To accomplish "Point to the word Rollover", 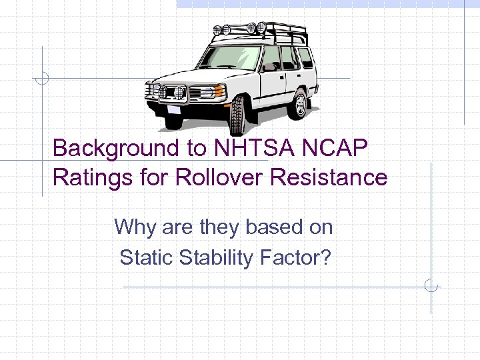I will [215, 178].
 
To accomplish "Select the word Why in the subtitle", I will [135, 227].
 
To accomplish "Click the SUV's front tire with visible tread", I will [237, 115].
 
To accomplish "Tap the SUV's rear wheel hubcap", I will [301, 104].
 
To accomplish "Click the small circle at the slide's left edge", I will [42, 78].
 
